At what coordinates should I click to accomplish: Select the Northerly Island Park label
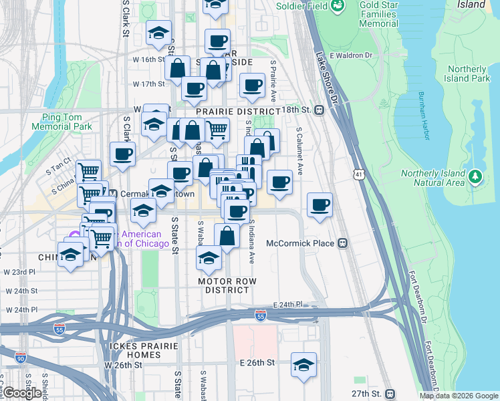click(x=468, y=74)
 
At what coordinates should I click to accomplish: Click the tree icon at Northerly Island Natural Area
click(x=475, y=176)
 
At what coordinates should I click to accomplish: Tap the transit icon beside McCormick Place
click(x=343, y=243)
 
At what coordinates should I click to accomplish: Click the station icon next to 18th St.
click(x=320, y=110)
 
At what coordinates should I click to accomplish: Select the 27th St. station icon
click(x=391, y=394)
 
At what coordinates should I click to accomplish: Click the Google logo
click(x=22, y=393)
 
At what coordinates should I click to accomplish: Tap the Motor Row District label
click(x=227, y=285)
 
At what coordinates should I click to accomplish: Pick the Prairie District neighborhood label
click(x=237, y=111)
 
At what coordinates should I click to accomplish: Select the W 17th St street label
click(x=148, y=84)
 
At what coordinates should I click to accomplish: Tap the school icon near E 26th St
click(x=304, y=364)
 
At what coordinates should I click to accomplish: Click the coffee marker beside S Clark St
click(x=122, y=154)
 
